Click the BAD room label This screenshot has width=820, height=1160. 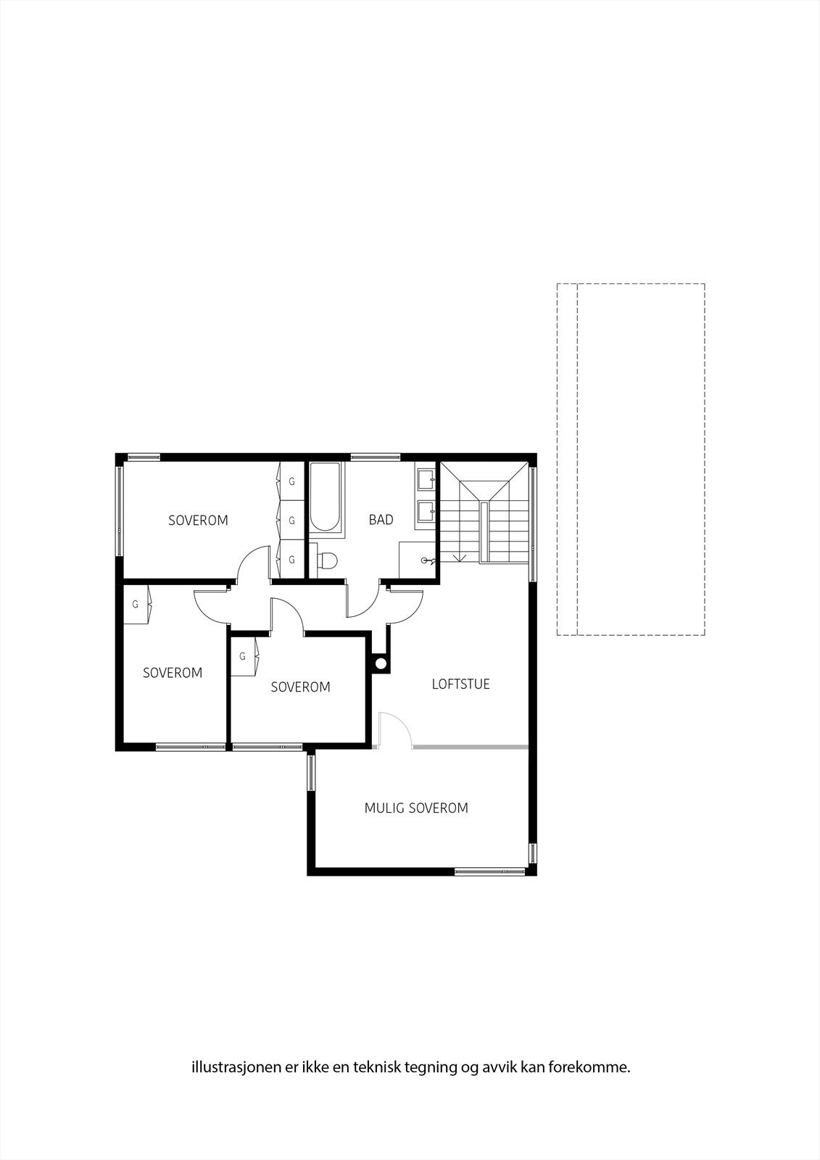(381, 520)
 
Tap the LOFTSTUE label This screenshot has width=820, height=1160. (460, 684)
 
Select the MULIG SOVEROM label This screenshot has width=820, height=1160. (416, 808)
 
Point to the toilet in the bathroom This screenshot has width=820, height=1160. (328, 560)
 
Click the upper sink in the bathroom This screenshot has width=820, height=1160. (426, 479)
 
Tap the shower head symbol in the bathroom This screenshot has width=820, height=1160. (428, 560)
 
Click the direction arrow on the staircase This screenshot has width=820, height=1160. (458, 557)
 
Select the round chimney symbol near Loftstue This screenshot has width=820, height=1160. (380, 663)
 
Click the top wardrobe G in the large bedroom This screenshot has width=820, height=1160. (291, 481)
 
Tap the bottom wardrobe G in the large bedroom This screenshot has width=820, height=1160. (291, 560)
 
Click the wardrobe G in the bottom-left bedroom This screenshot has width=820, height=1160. (135, 604)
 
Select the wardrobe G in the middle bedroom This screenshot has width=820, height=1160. (242, 656)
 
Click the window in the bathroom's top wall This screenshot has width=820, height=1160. (375, 457)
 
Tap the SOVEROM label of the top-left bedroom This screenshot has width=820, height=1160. (198, 521)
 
